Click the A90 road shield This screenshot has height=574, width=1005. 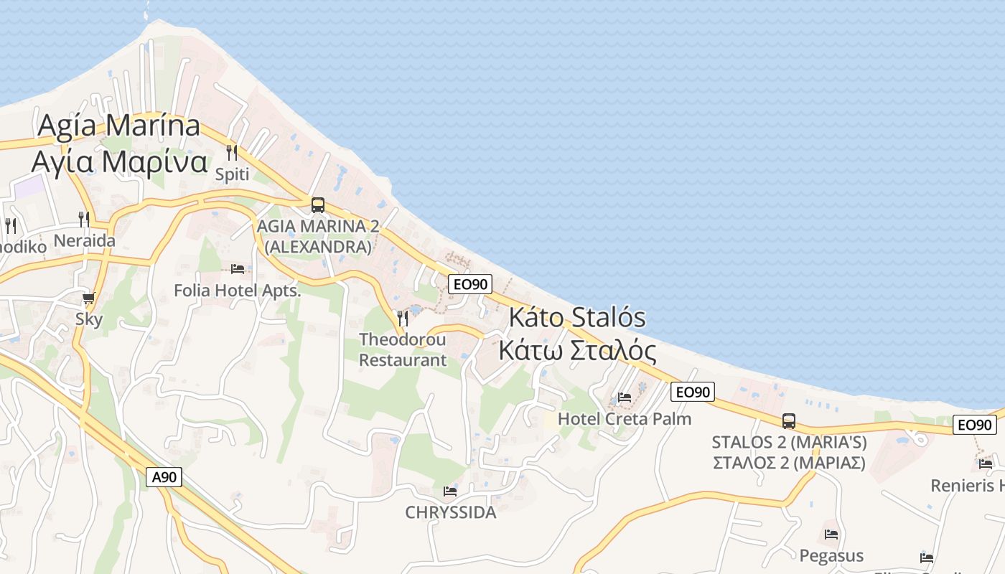point(164,477)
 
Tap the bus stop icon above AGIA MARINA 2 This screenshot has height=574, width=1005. point(318,205)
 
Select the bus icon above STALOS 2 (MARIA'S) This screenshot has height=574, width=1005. point(789,421)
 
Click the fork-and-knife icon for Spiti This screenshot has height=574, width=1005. point(232,153)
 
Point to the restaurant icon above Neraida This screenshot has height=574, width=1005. point(84,220)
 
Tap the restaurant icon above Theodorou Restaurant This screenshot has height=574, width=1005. point(403,318)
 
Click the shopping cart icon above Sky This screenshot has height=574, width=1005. point(89,298)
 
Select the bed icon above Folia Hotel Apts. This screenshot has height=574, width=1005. point(238,269)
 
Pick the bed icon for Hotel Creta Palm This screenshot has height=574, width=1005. point(625,397)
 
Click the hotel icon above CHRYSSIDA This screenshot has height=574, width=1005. point(450,491)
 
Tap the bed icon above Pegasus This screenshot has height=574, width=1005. point(831,534)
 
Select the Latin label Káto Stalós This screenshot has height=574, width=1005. point(578,317)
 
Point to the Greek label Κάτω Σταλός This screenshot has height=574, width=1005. point(577,351)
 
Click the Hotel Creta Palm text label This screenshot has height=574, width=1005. point(625,418)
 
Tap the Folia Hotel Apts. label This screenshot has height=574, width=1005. point(238,291)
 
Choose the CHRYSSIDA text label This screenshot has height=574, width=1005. point(451,512)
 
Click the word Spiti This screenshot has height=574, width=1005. point(232,174)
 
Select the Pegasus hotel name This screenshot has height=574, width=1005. point(831,555)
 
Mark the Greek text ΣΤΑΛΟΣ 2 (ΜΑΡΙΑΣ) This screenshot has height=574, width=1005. point(789,463)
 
